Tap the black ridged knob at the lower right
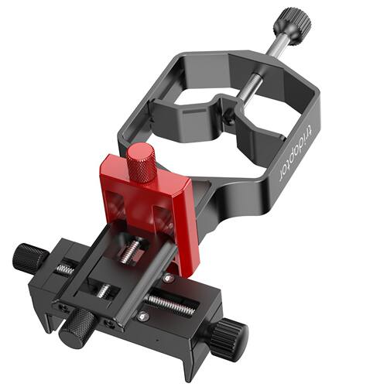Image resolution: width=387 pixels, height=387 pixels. click(228, 333)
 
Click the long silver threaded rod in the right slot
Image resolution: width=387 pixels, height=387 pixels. click(170, 305)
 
